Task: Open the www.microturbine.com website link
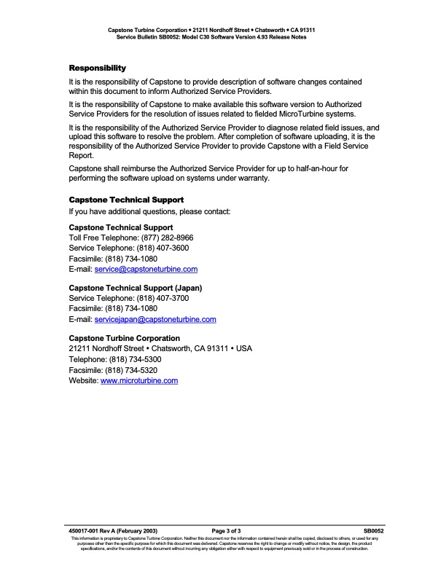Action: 139,380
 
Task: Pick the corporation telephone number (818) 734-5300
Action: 135,360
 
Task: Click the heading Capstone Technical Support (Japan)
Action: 135,288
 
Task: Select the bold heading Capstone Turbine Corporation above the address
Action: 124,338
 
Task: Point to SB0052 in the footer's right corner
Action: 373,532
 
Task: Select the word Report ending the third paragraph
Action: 81,155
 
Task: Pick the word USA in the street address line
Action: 245,349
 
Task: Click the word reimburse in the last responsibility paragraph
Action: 138,168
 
